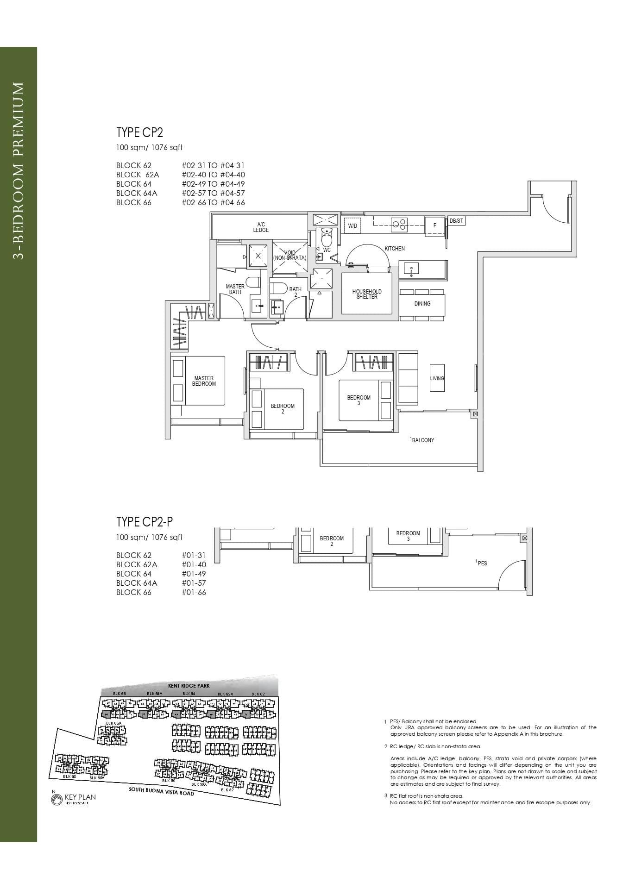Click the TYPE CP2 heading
(139, 133)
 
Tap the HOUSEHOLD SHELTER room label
(367, 294)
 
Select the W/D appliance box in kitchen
(352, 225)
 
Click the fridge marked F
(434, 225)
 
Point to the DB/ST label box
(456, 221)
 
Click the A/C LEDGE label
(261, 227)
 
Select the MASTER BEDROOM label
(204, 381)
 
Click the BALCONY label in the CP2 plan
(422, 440)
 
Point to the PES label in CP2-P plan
(482, 563)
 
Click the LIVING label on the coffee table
(437, 378)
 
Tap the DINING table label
(422, 304)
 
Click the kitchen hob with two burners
(399, 225)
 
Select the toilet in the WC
(327, 238)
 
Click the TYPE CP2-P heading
(145, 522)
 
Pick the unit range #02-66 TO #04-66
(214, 202)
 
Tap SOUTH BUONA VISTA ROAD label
(161, 791)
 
